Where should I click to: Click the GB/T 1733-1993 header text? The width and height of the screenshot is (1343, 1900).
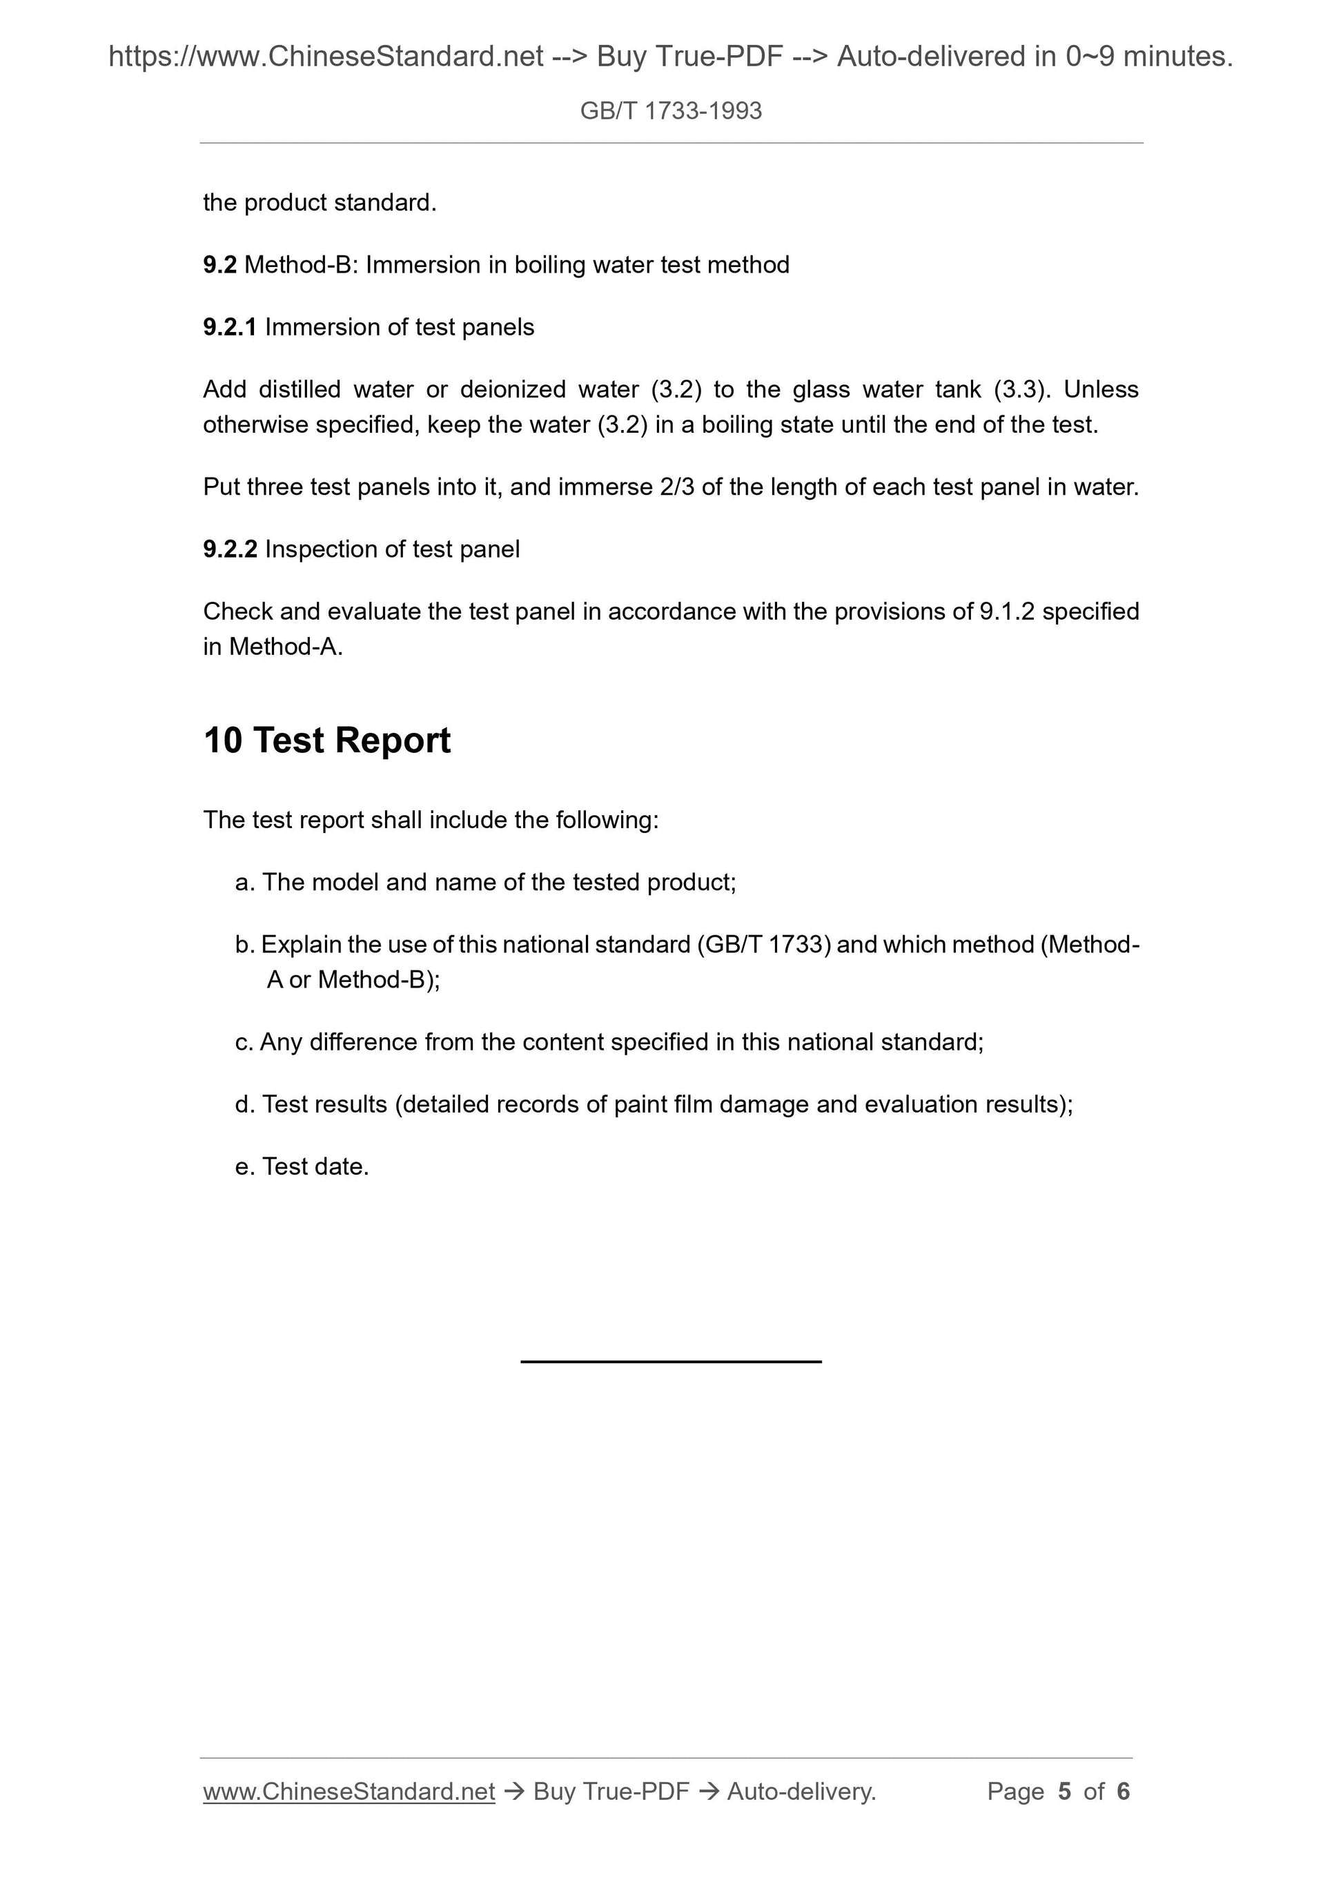click(670, 111)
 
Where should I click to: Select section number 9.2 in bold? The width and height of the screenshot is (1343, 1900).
click(219, 265)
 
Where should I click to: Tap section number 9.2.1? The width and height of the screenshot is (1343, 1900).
click(229, 328)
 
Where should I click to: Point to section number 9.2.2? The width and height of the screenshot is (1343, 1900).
click(229, 549)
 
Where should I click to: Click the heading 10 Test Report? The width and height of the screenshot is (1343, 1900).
click(327, 740)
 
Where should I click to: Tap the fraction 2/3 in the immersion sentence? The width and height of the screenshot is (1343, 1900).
click(677, 487)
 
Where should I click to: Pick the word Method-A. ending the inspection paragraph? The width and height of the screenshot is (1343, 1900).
click(286, 647)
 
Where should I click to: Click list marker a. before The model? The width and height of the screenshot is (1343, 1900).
click(244, 883)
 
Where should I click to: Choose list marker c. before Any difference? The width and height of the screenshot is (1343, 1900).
click(244, 1043)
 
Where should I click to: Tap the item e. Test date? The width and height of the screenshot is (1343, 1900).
click(302, 1167)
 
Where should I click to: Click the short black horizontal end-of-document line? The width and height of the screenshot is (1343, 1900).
click(670, 1361)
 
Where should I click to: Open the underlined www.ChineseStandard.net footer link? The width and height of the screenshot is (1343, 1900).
click(349, 1792)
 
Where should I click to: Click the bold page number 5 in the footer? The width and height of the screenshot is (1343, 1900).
click(1064, 1792)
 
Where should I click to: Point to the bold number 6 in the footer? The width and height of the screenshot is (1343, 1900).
click(1123, 1792)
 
